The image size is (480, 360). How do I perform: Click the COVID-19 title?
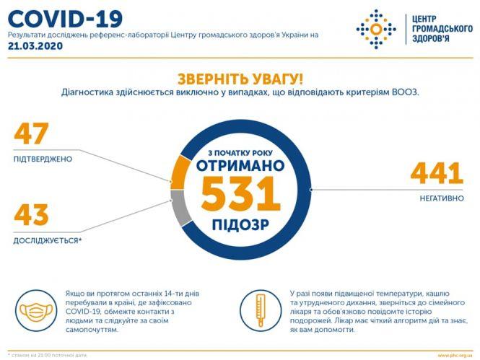65,17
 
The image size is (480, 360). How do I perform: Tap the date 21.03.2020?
35,45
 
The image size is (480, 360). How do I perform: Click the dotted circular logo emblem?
375,29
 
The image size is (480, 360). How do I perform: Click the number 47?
31,134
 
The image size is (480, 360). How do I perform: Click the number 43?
31,216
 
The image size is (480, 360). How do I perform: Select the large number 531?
240,194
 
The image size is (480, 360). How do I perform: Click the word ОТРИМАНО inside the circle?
240,165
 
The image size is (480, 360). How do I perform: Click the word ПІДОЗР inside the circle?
240,224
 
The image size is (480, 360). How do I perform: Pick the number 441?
436,173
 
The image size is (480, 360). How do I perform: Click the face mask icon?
38,312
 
